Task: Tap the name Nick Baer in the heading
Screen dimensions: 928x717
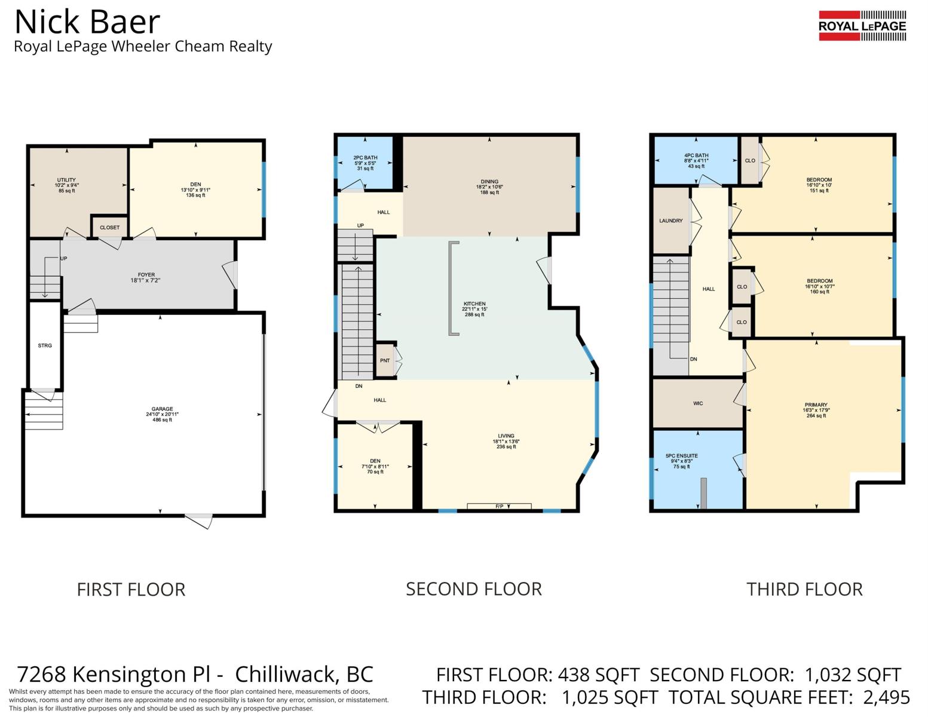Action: click(87, 22)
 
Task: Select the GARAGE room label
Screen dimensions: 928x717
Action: click(163, 409)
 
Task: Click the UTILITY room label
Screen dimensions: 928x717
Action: click(66, 180)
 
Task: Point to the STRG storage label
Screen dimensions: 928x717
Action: click(45, 345)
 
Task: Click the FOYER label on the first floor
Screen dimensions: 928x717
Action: click(146, 275)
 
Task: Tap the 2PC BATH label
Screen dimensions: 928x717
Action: click(365, 158)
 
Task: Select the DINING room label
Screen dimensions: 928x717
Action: click(489, 182)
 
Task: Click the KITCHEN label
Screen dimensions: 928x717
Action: click(474, 304)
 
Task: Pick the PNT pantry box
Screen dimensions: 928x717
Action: click(385, 360)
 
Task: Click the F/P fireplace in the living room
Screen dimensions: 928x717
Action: click(499, 506)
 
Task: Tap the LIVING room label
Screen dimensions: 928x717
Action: click(506, 436)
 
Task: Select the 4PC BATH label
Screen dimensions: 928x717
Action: click(696, 155)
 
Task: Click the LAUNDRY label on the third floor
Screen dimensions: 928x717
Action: click(671, 221)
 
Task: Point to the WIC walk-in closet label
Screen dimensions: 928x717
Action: click(699, 403)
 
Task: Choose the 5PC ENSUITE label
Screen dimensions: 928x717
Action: click(682, 456)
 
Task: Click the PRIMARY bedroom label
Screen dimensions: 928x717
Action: click(816, 405)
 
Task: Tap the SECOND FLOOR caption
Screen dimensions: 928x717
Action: click(474, 589)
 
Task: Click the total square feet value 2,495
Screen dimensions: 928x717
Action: click(887, 698)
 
